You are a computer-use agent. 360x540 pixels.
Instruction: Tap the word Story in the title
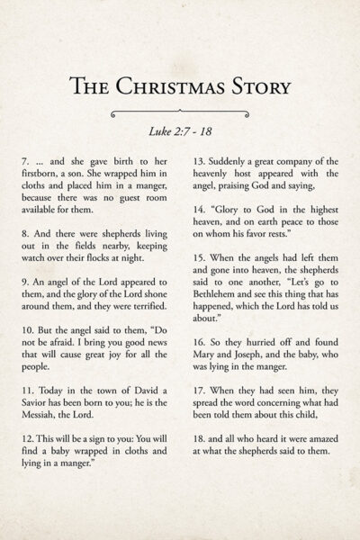click(x=256, y=86)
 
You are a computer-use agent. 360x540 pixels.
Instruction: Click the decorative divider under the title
click(x=179, y=113)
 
